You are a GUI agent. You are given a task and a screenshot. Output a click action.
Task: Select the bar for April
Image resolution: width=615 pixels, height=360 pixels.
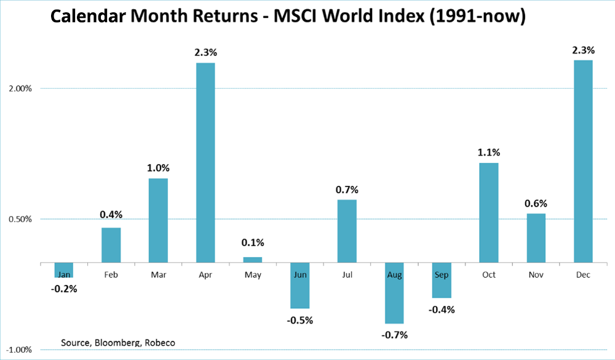pyautogui.click(x=205, y=163)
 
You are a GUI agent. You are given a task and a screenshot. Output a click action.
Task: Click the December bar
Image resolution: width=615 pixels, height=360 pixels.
pyautogui.click(x=583, y=161)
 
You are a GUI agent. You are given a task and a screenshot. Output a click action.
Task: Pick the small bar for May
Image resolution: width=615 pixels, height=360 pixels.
pyautogui.click(x=252, y=260)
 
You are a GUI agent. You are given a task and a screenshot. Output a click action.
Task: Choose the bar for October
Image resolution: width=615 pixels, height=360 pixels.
pyautogui.click(x=488, y=212)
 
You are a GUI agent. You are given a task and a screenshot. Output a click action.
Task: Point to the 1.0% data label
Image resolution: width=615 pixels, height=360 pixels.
pyautogui.click(x=158, y=167)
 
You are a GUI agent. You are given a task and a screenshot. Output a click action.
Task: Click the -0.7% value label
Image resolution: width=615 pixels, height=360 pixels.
pyautogui.click(x=394, y=335)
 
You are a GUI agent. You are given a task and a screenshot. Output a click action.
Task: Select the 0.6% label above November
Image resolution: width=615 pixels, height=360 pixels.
pyautogui.click(x=536, y=203)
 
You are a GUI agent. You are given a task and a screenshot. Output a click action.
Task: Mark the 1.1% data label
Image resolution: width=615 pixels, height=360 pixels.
pyautogui.click(x=488, y=152)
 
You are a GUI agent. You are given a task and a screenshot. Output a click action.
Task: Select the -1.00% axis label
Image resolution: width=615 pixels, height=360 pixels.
pyautogui.click(x=20, y=350)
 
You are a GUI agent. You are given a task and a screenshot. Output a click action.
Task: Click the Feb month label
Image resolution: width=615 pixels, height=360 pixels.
pyautogui.click(x=111, y=274)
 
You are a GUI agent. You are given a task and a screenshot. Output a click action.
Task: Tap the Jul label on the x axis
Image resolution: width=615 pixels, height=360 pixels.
pyautogui.click(x=347, y=274)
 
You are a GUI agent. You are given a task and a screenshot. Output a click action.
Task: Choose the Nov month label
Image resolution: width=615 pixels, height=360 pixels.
pyautogui.click(x=536, y=274)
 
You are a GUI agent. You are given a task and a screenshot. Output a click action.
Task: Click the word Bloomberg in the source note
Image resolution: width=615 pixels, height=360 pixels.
pyautogui.click(x=118, y=342)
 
